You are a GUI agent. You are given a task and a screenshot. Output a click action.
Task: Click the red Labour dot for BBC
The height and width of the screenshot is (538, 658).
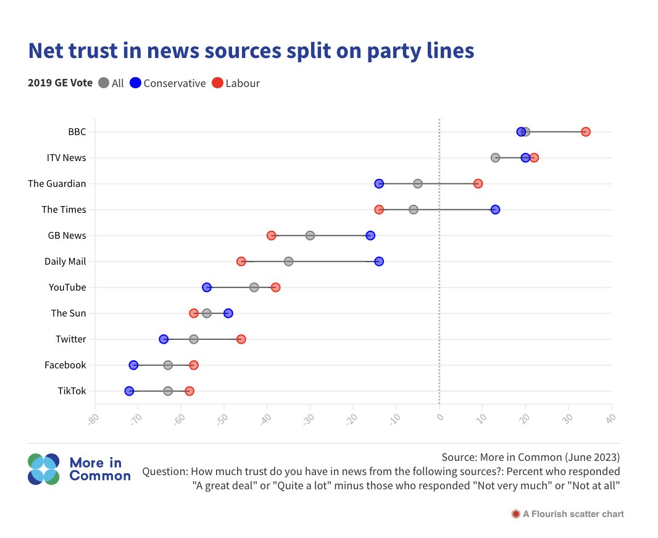tap(586, 131)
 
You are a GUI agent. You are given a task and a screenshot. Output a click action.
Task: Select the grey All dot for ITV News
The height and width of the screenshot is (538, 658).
tap(495, 158)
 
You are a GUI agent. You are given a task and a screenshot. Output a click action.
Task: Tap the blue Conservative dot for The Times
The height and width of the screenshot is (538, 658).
tap(495, 210)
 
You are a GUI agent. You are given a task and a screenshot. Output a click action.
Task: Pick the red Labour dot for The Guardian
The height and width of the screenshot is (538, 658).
tap(478, 184)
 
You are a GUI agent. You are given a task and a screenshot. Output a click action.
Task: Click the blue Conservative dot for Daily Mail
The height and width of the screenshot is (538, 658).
tap(379, 262)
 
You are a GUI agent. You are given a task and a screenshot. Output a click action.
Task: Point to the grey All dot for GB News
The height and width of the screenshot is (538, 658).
tap(310, 236)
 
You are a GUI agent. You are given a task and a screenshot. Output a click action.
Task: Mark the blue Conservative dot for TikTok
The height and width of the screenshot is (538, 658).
tap(129, 391)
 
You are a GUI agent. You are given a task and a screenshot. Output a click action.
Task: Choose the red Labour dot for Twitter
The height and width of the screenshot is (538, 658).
tap(241, 339)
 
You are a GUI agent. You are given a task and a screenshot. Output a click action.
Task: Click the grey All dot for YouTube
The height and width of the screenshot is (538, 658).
tap(254, 288)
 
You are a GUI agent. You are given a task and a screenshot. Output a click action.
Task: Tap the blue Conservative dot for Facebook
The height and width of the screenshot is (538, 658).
tap(133, 365)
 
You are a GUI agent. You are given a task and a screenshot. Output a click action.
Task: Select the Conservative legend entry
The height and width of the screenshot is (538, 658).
tap(167, 83)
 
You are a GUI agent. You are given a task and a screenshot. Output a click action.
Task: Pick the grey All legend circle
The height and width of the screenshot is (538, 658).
tap(104, 83)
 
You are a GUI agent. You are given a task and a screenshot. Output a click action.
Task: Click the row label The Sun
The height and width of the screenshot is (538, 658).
tap(69, 313)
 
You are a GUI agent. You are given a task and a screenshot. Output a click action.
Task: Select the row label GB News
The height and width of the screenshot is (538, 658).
tap(67, 236)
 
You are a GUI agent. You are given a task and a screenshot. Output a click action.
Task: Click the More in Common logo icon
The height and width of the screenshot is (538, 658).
tap(43, 470)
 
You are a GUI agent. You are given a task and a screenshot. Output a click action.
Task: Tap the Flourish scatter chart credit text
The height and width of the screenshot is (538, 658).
tap(568, 514)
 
